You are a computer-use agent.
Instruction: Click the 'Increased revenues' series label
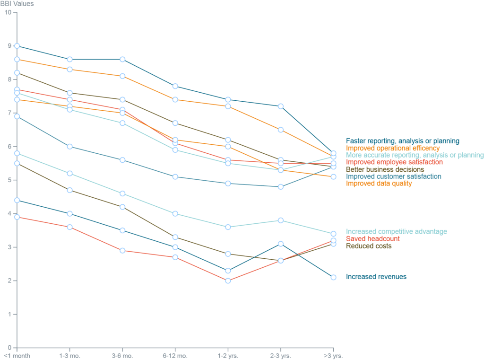pyautogui.click(x=376, y=277)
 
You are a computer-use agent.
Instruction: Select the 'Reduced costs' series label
pyautogui.click(x=369, y=246)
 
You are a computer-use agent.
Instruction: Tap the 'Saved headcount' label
pyautogui.click(x=372, y=239)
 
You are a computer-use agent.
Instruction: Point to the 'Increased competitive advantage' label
pyautogui.click(x=396, y=231)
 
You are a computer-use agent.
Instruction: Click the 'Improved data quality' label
pyautogui.click(x=379, y=184)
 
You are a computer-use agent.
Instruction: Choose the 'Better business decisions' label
pyautogui.click(x=385, y=169)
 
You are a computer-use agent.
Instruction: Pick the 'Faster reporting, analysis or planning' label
pyautogui.click(x=402, y=141)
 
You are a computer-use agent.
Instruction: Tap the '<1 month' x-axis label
pyautogui.click(x=17, y=355)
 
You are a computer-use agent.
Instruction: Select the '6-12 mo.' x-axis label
pyautogui.click(x=175, y=355)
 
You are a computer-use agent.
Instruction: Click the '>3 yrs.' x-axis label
pyautogui.click(x=334, y=355)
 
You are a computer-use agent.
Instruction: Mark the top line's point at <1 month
pyautogui.click(x=17, y=46)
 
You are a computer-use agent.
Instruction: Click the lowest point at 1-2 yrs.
pyautogui.click(x=228, y=281)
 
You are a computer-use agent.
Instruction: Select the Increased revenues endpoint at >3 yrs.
pyautogui.click(x=334, y=277)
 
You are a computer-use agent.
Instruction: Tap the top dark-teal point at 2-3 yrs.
pyautogui.click(x=281, y=106)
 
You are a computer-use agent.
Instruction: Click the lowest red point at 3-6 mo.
pyautogui.click(x=122, y=250)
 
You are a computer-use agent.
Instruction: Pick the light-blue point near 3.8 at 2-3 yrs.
pyautogui.click(x=281, y=220)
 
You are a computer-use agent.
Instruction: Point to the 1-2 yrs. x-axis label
pyautogui.click(x=228, y=355)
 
